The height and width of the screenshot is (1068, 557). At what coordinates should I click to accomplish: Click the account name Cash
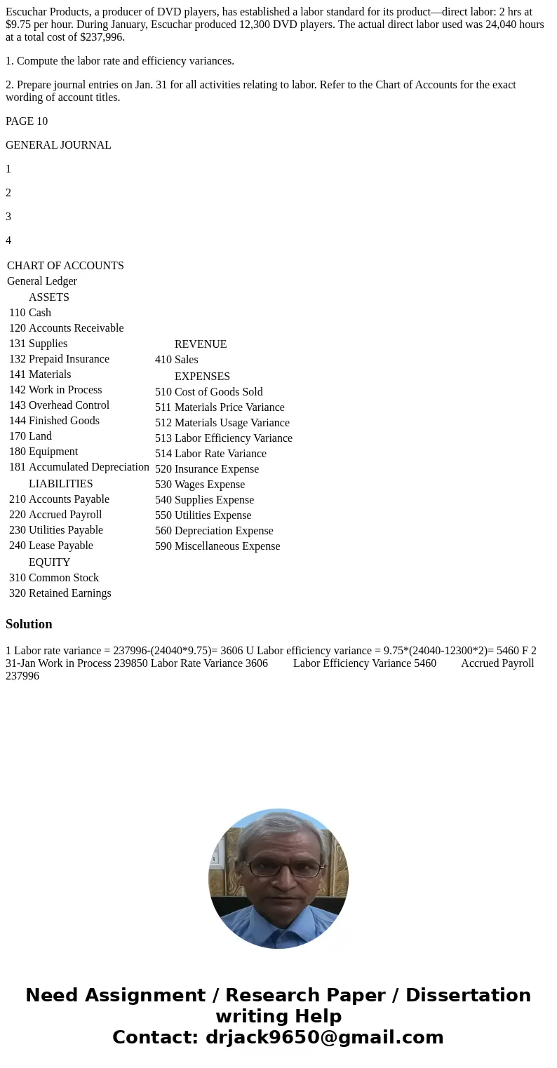click(40, 313)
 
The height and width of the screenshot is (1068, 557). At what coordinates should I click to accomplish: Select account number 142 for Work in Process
click(17, 390)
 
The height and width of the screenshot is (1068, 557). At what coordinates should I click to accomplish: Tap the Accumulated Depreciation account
click(88, 467)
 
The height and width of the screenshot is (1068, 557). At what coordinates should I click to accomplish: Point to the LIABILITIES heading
click(60, 484)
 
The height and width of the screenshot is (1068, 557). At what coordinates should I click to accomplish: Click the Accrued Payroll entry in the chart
click(65, 515)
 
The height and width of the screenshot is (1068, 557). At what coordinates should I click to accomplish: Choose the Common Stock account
click(63, 578)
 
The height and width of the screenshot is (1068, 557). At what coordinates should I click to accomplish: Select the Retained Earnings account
click(69, 593)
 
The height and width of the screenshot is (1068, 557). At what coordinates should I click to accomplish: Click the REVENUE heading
click(200, 344)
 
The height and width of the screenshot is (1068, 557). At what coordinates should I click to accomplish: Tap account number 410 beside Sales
click(163, 360)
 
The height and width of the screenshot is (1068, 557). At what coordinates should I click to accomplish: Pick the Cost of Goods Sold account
click(218, 392)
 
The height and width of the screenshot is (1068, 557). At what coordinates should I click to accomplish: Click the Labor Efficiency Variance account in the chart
click(233, 438)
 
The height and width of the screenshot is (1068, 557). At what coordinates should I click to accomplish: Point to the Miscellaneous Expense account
click(227, 546)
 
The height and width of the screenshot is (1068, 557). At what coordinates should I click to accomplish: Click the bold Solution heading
click(29, 624)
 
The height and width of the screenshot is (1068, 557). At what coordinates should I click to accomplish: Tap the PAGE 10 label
click(27, 121)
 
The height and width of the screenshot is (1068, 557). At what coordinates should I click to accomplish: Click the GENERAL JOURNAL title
click(58, 145)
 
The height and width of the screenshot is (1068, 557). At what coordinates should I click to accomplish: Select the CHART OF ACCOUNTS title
click(65, 266)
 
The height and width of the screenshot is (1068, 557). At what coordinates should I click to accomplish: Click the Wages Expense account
click(209, 485)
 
